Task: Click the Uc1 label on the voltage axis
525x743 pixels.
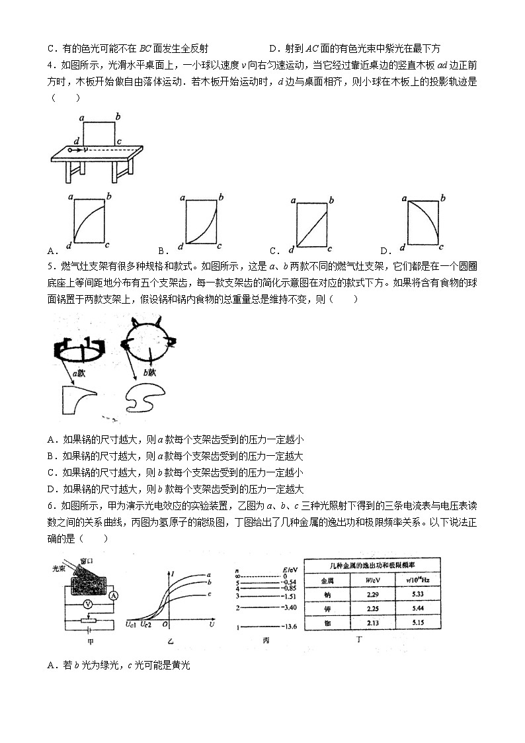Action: coord(131,624)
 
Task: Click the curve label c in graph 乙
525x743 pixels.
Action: coord(209,594)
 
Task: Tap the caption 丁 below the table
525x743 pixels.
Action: coord(359,640)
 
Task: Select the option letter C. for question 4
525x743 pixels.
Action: coord(274,251)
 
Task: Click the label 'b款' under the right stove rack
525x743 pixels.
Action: coord(141,372)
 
